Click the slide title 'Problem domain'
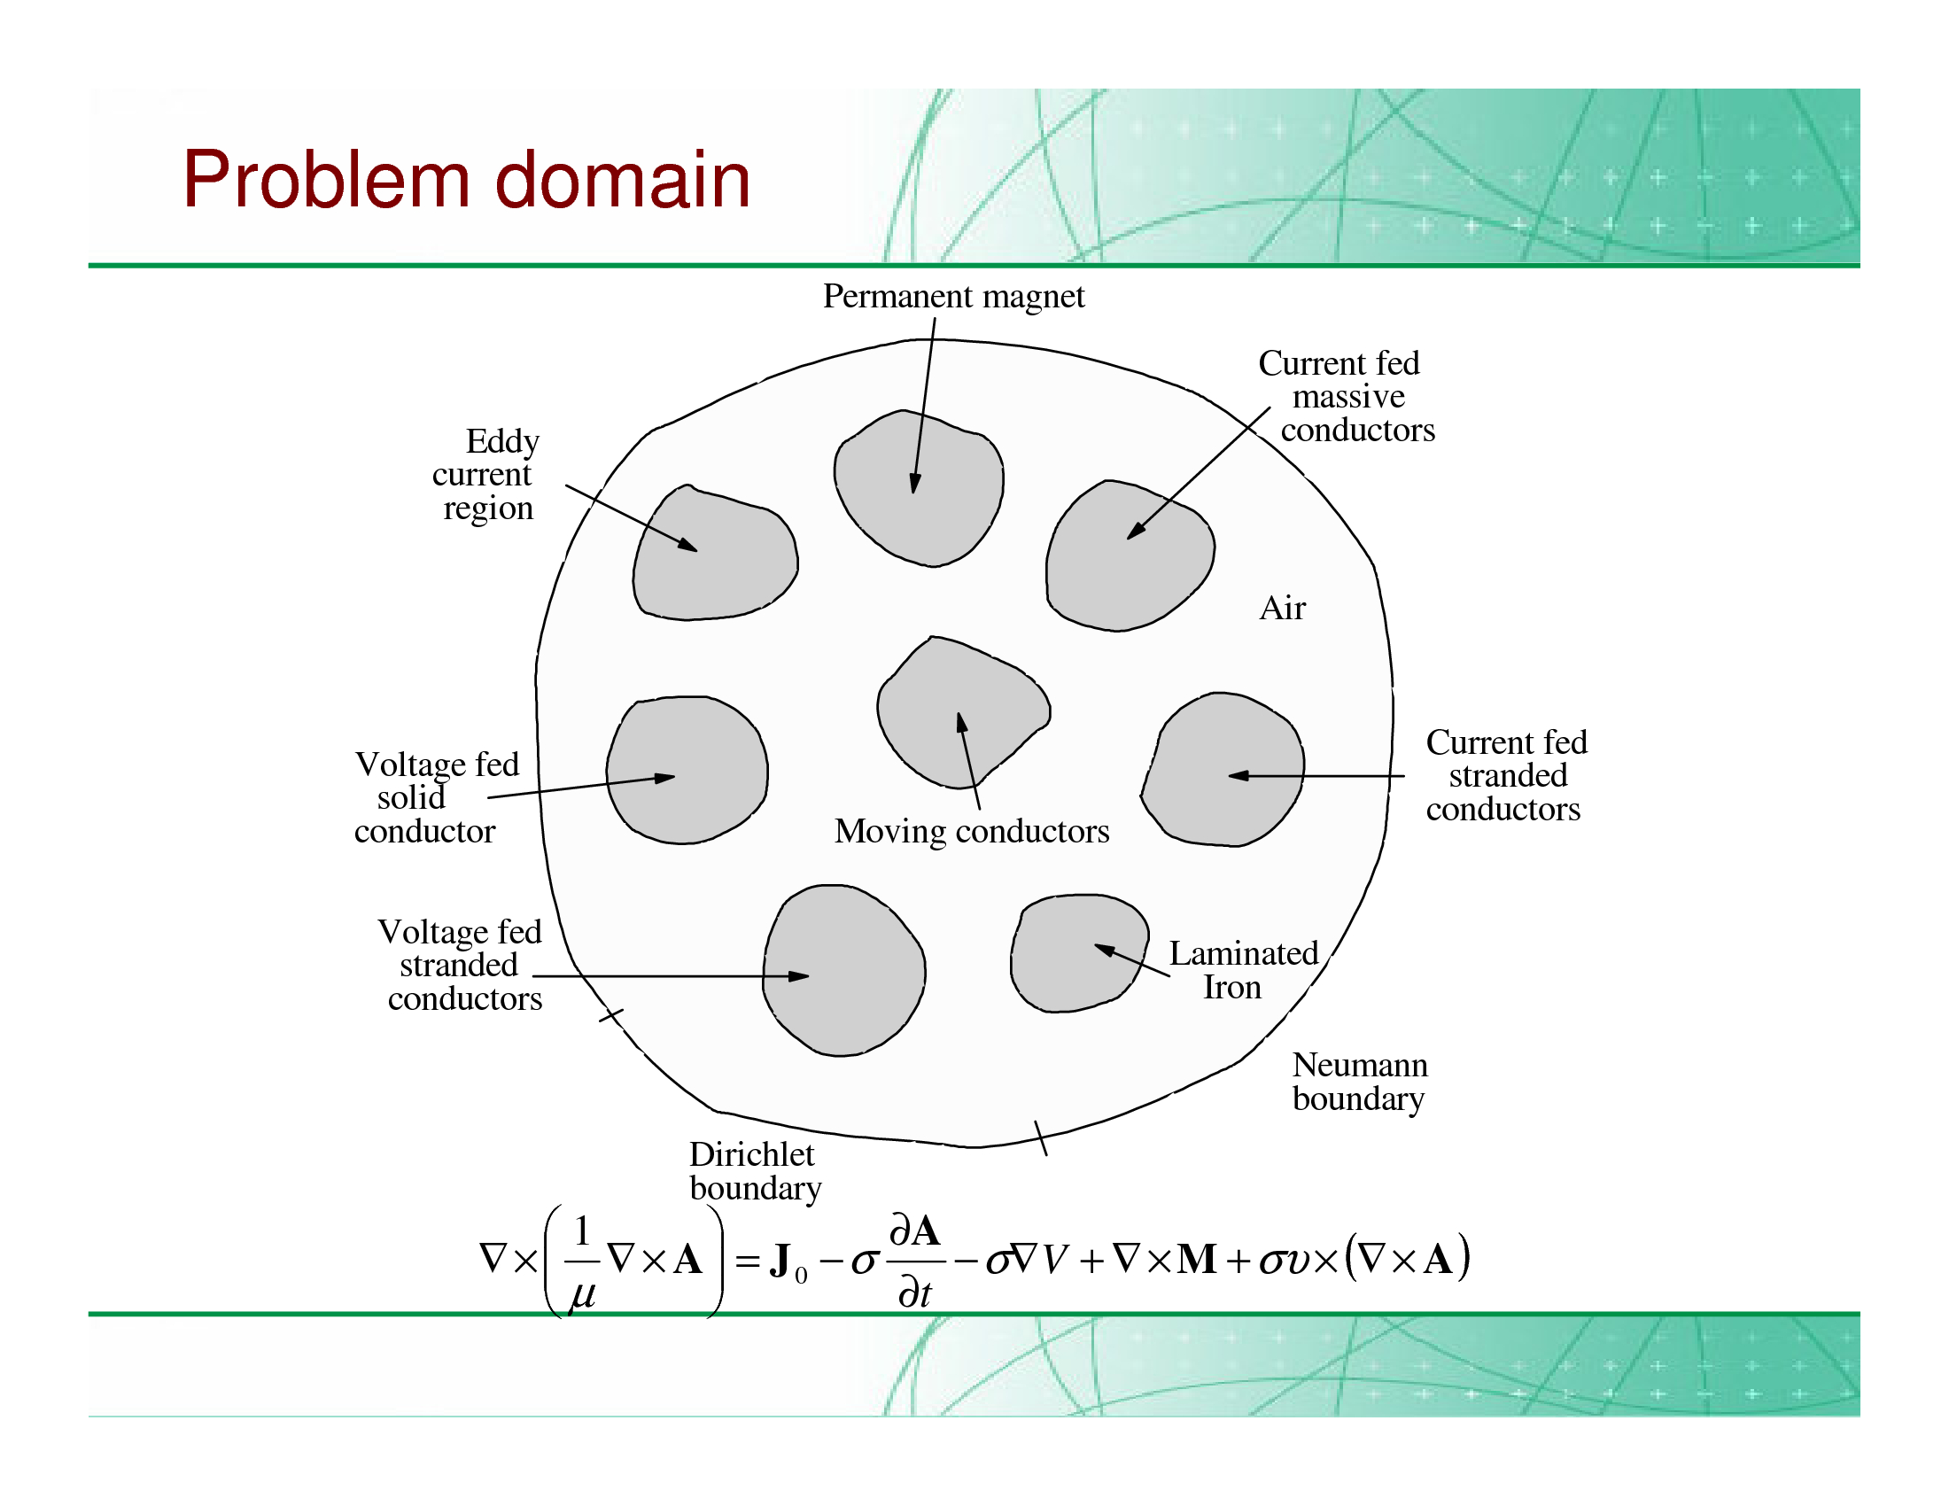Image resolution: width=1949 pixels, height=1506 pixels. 466,180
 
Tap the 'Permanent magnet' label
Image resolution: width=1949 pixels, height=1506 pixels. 953,296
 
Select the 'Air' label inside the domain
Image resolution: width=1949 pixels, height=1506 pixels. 1282,609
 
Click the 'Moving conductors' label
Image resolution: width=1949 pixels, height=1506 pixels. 972,832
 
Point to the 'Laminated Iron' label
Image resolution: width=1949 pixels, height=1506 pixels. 1242,970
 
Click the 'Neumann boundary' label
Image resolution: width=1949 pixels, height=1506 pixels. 1359,1082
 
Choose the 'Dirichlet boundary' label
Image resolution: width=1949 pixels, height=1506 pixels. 755,1171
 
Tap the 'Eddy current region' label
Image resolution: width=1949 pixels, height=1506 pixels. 486,475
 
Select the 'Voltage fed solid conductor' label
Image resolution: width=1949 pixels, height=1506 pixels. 436,797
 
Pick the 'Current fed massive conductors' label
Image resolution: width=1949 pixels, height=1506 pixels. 1347,396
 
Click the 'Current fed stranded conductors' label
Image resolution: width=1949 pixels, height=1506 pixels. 1505,775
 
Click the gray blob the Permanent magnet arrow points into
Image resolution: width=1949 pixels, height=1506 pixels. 920,500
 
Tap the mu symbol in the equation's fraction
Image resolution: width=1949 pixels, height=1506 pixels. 582,1293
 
